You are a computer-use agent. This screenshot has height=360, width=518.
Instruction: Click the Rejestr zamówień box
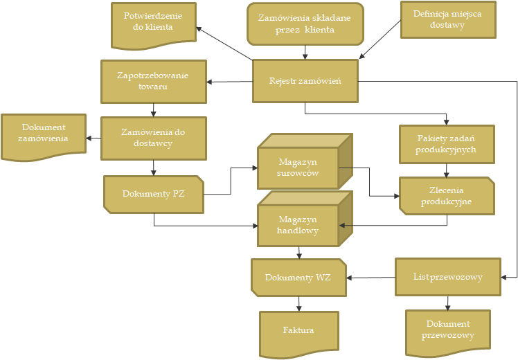pyautogui.click(x=305, y=81)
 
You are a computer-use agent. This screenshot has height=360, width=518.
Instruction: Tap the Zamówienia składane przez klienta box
pyautogui.click(x=305, y=24)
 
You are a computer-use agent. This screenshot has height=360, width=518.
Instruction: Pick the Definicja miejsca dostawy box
pyautogui.click(x=448, y=19)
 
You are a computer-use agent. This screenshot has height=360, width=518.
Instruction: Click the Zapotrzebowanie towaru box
pyautogui.click(x=153, y=81)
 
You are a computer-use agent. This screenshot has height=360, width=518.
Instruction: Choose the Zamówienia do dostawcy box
pyautogui.click(x=153, y=138)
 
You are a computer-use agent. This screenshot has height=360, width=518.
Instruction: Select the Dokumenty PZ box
pyautogui.click(x=154, y=194)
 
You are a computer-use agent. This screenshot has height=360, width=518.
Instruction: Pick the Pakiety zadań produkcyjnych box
pyautogui.click(x=446, y=144)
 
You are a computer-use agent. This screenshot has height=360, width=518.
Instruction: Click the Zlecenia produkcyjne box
pyautogui.click(x=446, y=196)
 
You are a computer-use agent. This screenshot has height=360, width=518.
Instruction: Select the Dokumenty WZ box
pyautogui.click(x=298, y=278)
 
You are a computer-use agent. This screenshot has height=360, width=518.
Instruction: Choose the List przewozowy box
pyautogui.click(x=447, y=277)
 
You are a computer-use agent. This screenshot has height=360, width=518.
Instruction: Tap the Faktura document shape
pyautogui.click(x=298, y=331)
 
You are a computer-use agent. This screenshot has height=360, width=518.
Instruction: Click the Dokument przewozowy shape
pyautogui.click(x=447, y=330)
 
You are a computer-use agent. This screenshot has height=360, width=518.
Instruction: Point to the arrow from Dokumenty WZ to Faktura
pyautogui.click(x=299, y=303)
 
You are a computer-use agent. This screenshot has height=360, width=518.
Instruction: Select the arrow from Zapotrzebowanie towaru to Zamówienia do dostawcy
pyautogui.click(x=153, y=109)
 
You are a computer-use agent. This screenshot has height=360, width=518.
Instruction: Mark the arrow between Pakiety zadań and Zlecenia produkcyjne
pyautogui.click(x=446, y=170)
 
